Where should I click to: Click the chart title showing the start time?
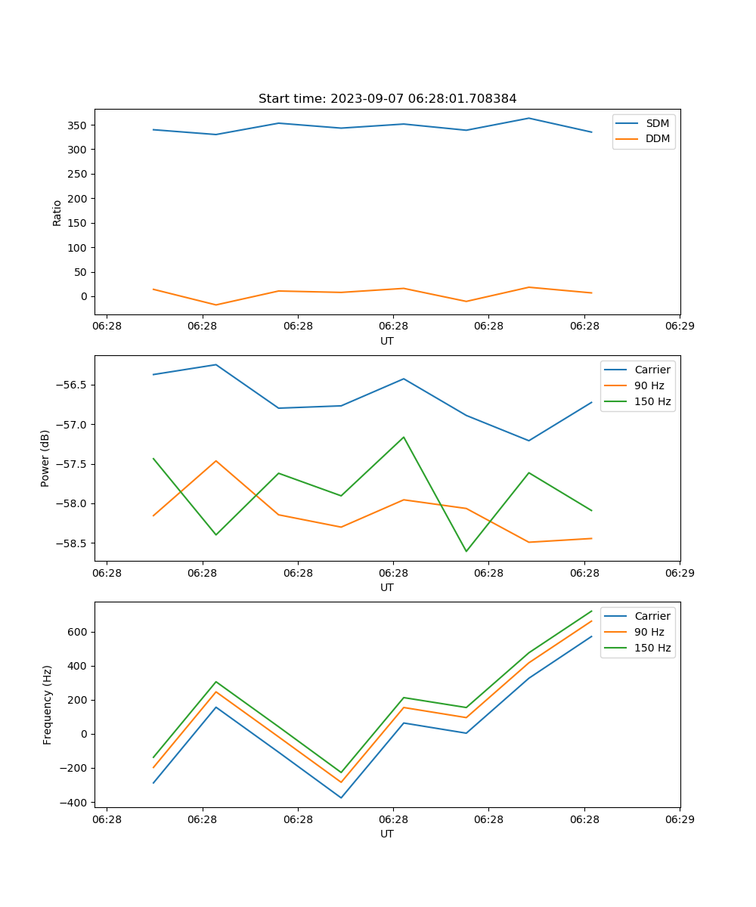coord(387,99)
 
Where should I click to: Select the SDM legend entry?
coord(657,123)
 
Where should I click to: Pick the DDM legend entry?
coord(657,138)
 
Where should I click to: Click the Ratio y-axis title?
coord(57,213)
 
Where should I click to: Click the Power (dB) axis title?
coord(45,458)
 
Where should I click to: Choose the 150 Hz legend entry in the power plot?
coord(652,401)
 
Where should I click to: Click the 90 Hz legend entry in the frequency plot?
coord(649,632)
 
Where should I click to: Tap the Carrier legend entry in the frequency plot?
coord(652,616)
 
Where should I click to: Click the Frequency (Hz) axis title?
coord(48,704)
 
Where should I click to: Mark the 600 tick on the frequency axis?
coord(78,632)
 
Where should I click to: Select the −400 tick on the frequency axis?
coord(75,802)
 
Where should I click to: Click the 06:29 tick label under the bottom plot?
coord(679,819)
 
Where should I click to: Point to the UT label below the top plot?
coord(387,341)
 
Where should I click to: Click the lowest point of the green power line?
coord(466,551)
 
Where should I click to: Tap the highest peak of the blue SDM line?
coord(528,118)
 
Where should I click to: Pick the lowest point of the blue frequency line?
coord(341,797)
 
